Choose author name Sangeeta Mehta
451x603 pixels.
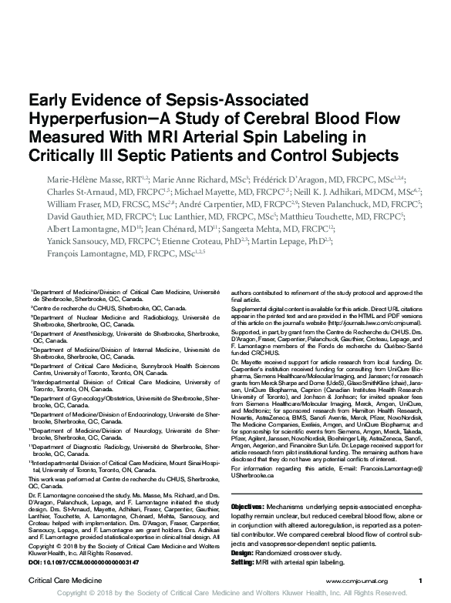(x=255, y=233)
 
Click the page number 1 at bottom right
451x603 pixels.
(x=420, y=579)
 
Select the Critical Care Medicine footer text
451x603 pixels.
(x=61, y=579)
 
